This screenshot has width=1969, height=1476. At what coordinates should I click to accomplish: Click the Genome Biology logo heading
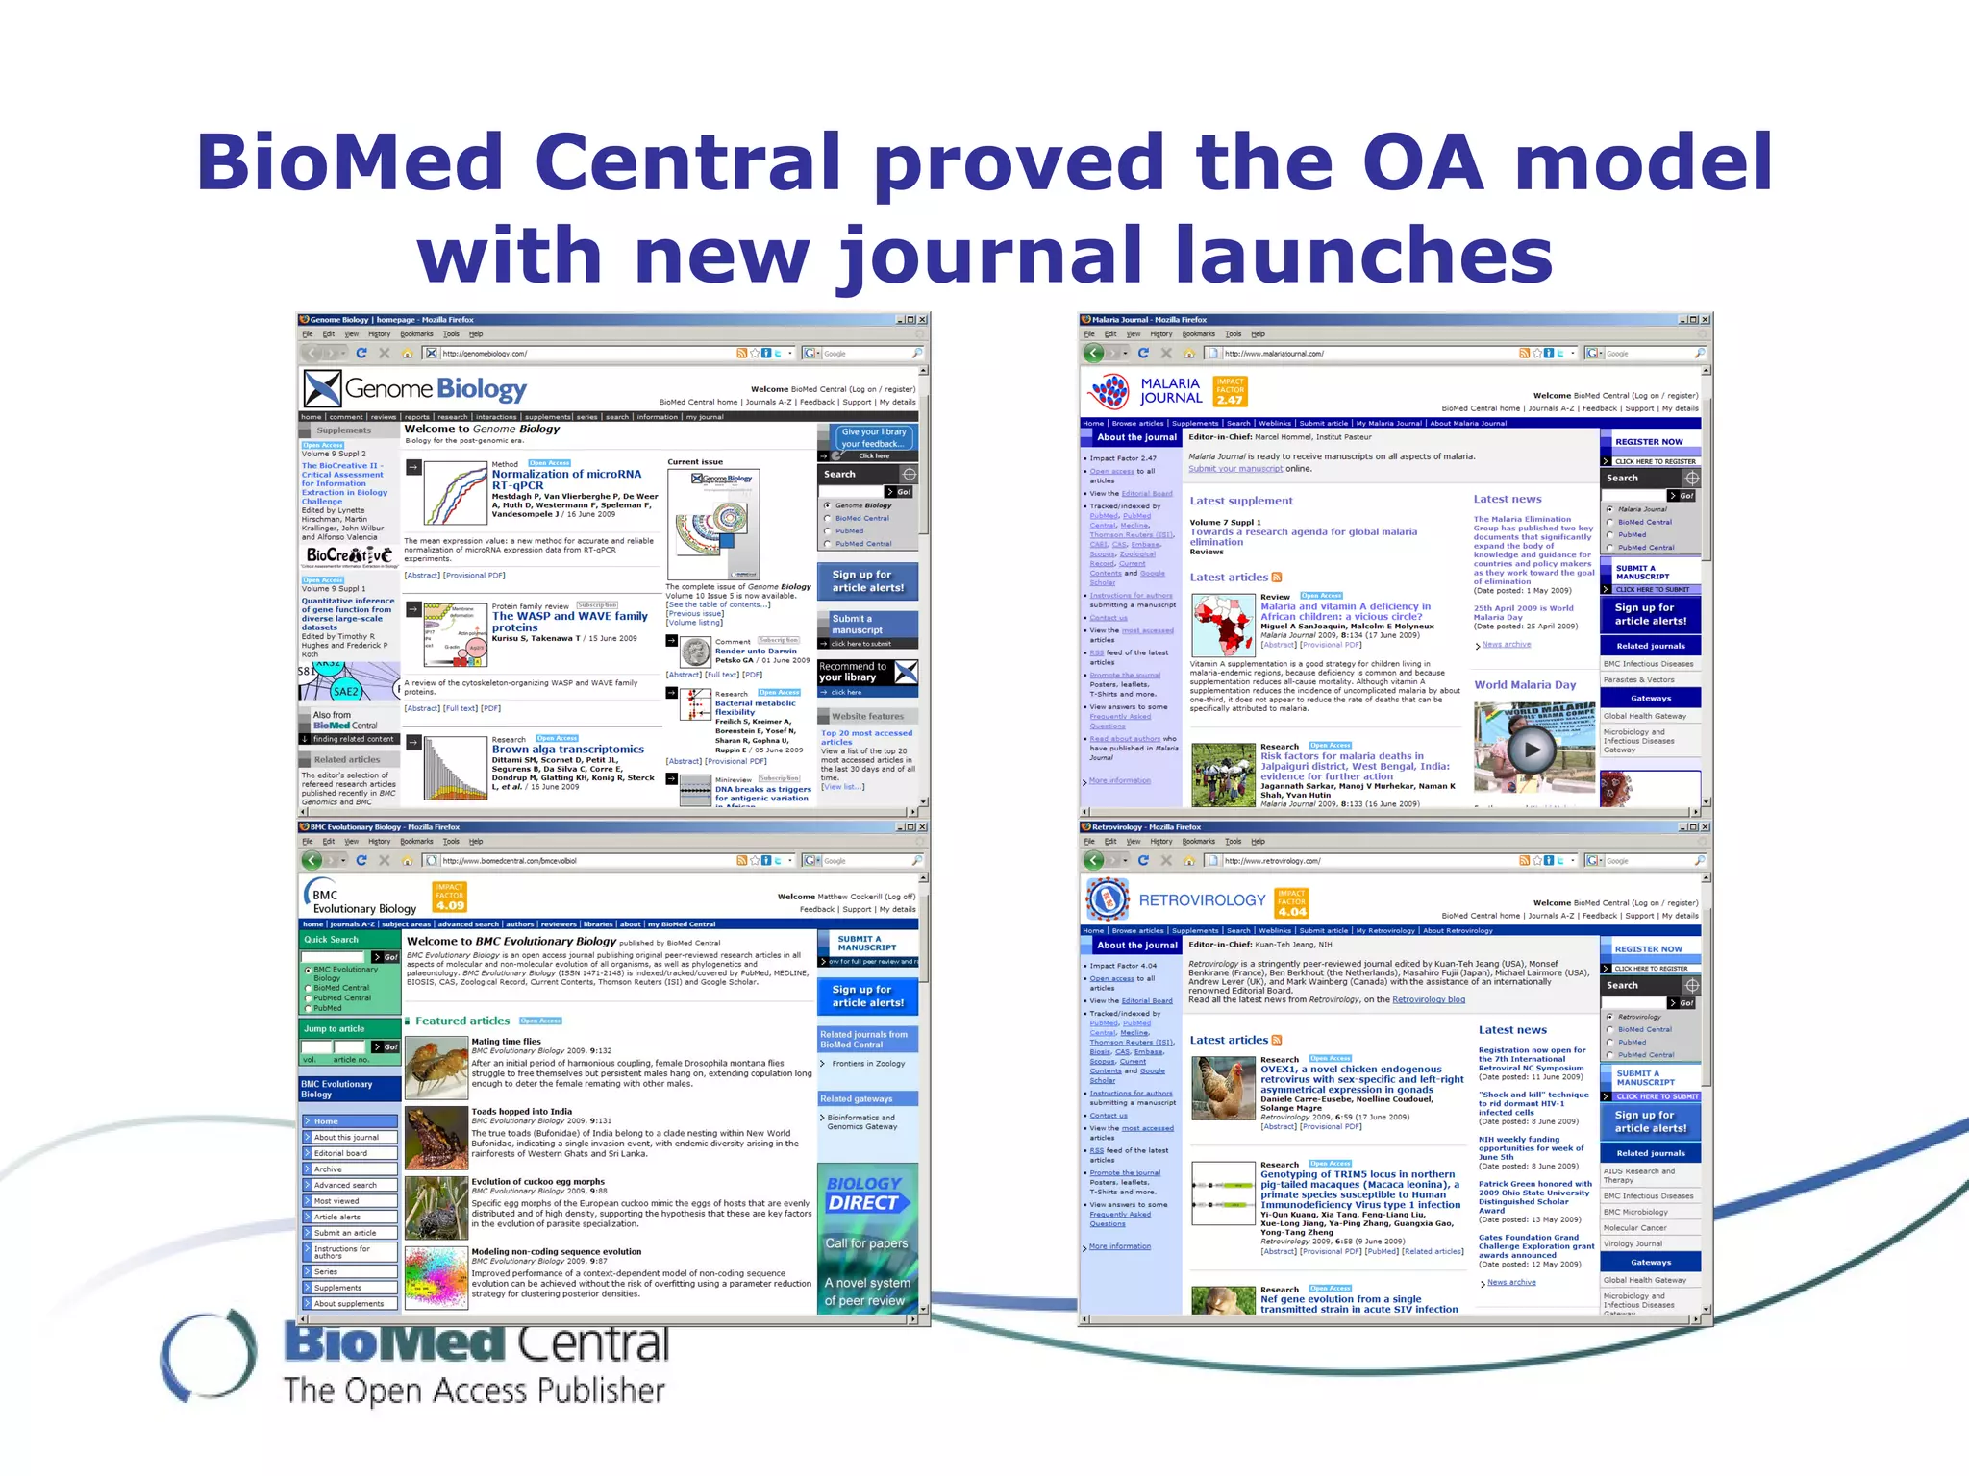coord(435,389)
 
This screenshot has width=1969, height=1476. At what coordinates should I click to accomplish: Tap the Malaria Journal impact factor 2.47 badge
coord(1230,391)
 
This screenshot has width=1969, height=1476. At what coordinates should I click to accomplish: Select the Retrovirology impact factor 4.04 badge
coord(1291,903)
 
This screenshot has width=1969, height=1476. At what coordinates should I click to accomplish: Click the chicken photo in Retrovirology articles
coord(1223,1088)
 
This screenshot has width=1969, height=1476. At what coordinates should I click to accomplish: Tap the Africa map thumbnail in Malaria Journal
coord(1223,625)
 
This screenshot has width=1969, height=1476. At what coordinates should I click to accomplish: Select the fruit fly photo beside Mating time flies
coord(436,1068)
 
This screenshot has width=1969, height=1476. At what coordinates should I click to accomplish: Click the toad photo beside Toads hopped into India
coord(436,1138)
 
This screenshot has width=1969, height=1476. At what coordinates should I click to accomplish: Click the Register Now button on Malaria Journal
coord(1649,442)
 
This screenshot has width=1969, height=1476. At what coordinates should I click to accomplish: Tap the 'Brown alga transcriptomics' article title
coord(567,750)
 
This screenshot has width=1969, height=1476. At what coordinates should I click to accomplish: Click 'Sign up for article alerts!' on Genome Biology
coord(868,581)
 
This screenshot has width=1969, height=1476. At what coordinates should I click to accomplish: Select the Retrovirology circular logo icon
coord(1107,899)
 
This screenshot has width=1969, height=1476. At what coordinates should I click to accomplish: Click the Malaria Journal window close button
coord(1705,320)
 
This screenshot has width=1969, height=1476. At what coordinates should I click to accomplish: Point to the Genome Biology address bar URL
coord(485,354)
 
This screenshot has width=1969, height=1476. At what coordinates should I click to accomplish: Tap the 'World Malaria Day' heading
coord(1525,685)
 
